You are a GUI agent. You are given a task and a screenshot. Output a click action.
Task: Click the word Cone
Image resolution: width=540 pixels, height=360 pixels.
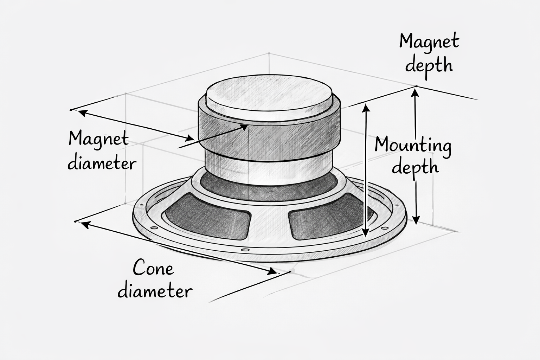click(153, 269)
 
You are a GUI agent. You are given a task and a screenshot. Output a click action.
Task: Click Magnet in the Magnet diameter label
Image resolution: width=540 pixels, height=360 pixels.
click(98, 139)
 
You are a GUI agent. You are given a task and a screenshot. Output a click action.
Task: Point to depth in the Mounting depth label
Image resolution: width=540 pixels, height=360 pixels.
click(416, 167)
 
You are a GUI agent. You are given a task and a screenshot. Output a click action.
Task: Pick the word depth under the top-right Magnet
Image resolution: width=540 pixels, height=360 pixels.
click(429, 65)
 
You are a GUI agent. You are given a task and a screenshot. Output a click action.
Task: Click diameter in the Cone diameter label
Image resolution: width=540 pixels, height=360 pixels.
click(155, 291)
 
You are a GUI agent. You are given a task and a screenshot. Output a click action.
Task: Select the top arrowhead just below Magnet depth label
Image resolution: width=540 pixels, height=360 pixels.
click(416, 92)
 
